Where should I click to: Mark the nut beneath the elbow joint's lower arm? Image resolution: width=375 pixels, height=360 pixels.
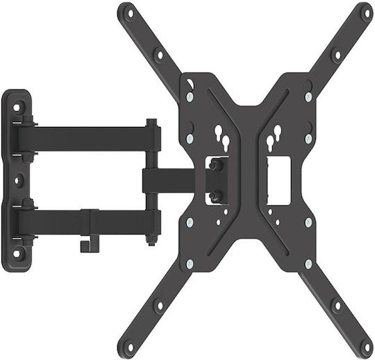[151, 241]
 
